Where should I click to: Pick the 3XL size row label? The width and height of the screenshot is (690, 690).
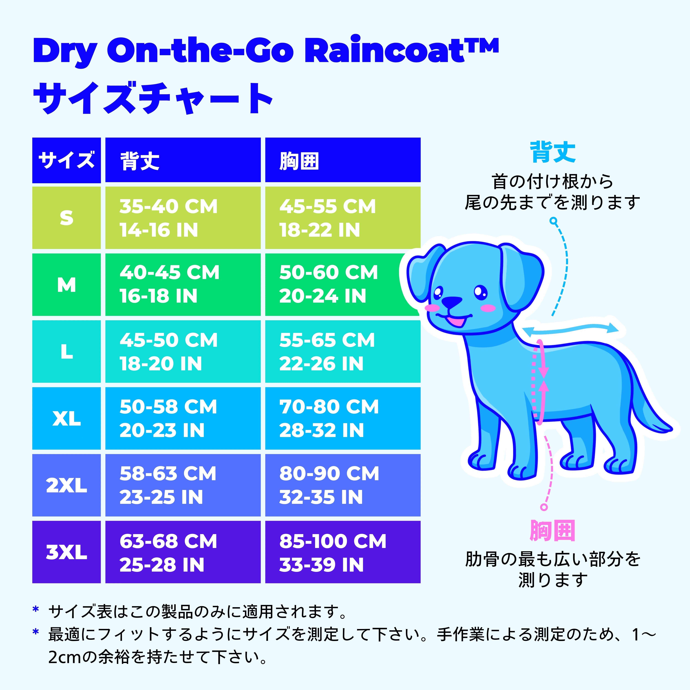[66, 552]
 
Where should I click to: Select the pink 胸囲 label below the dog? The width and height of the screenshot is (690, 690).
[553, 531]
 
